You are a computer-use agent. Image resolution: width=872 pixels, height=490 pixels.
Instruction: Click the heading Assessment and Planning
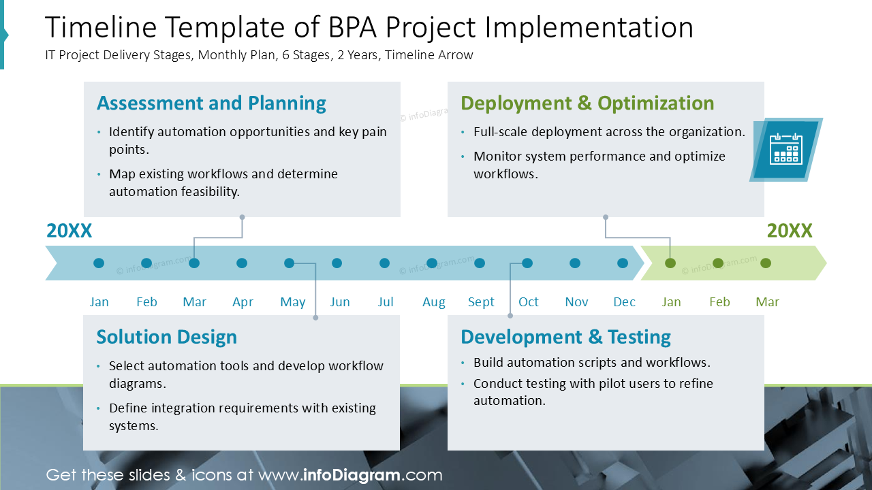211,103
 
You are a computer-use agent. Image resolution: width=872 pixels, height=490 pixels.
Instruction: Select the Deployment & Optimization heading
587,103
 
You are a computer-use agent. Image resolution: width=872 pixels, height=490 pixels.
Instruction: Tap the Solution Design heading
167,338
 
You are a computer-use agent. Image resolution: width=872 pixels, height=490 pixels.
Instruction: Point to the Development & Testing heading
565,338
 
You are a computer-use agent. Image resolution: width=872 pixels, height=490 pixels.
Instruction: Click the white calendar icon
785,149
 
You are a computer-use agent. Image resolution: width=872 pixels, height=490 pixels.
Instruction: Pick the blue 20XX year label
69,231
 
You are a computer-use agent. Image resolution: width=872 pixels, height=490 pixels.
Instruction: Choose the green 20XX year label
790,231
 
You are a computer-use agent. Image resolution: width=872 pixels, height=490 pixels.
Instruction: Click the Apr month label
243,302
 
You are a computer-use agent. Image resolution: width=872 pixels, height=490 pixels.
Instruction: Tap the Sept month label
481,302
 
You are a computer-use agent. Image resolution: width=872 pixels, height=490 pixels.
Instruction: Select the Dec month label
624,302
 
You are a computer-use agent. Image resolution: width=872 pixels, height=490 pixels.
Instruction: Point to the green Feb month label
719,302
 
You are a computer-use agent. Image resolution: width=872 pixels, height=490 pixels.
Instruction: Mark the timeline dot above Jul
385,263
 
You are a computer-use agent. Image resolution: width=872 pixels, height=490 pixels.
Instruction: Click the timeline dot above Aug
432,263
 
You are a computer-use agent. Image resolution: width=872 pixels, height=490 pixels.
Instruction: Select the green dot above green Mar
766,263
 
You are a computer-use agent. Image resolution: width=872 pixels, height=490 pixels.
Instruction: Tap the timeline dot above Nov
575,263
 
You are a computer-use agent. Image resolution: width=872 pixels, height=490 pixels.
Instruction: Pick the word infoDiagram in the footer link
351,475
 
